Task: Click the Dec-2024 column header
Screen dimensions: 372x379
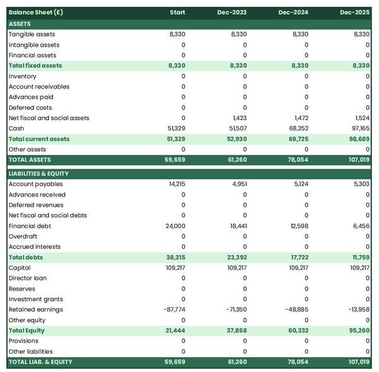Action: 293,13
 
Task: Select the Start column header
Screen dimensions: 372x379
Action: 177,13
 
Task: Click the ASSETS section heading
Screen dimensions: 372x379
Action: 20,23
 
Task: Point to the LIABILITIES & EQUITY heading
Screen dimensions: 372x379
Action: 39,173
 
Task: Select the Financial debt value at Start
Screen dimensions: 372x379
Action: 176,225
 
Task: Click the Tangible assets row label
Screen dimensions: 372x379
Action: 32,34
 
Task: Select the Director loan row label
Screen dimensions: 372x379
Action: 28,278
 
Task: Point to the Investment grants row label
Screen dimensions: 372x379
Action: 36,299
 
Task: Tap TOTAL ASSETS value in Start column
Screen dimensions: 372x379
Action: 174,160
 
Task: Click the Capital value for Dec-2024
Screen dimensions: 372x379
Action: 298,268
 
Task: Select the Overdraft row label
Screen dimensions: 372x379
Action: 23,236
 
